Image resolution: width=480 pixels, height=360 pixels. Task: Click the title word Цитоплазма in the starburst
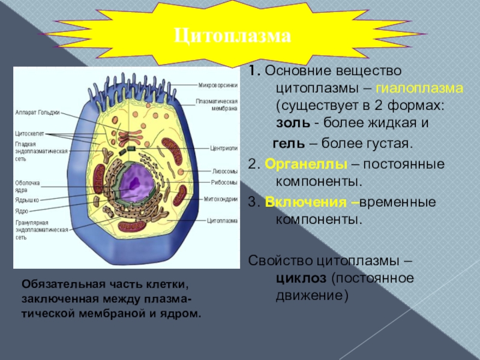tap(233, 37)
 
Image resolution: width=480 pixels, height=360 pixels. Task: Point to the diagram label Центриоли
tap(224, 147)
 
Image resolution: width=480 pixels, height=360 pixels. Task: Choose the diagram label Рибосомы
tap(224, 182)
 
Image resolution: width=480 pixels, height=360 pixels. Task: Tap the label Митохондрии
tap(221, 199)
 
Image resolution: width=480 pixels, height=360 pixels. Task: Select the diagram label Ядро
tap(22, 211)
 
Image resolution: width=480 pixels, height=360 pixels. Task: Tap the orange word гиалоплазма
tap(420, 88)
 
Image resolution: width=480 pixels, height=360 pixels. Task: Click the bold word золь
tap(293, 123)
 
